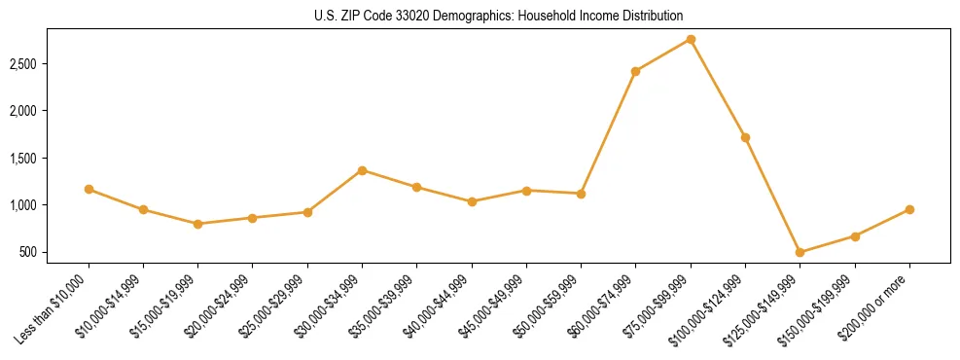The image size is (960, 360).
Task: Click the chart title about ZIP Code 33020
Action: point(499,16)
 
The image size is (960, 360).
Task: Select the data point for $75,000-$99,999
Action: point(691,39)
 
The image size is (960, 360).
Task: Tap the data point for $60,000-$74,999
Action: point(635,71)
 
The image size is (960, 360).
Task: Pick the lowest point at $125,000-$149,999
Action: point(800,252)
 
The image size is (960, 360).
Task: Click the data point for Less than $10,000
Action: point(89,189)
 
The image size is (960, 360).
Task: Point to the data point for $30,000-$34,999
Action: point(362,170)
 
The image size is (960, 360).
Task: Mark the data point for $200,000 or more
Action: point(909,209)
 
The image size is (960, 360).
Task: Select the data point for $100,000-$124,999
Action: point(745,137)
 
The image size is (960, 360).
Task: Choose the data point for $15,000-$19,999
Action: point(198,224)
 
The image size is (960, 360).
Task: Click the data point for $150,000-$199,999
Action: point(855,236)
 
